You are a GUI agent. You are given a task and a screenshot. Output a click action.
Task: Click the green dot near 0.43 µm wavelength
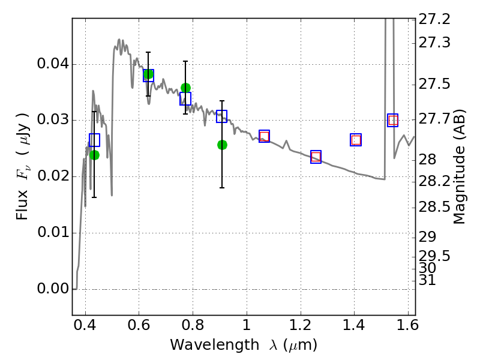(x=95, y=155)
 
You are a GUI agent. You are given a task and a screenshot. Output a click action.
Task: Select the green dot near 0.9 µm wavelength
(x=222, y=145)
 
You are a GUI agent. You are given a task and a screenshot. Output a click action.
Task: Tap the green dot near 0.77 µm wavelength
(x=185, y=88)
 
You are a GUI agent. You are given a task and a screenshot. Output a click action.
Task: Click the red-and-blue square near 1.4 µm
(x=356, y=140)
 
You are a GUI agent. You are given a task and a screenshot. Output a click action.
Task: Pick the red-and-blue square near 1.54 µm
(x=393, y=121)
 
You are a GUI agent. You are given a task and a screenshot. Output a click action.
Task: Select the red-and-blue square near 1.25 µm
(x=316, y=157)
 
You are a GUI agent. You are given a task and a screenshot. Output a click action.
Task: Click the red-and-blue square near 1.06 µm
(x=264, y=136)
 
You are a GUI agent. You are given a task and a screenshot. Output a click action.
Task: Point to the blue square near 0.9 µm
(x=221, y=116)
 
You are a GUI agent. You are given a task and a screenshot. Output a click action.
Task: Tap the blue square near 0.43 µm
(x=95, y=140)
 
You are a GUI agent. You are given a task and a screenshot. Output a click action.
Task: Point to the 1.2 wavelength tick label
(x=301, y=325)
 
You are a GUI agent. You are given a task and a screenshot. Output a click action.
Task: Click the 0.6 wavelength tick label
(x=139, y=325)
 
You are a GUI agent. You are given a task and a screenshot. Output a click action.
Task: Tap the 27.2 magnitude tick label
(x=434, y=19)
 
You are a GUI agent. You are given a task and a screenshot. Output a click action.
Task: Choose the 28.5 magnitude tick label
(x=434, y=207)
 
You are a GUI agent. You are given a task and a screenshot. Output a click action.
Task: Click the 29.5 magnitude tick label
(x=434, y=256)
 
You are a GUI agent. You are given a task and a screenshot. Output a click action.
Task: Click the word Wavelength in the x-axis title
(x=215, y=345)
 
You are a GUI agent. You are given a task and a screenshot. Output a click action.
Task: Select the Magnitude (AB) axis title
(x=458, y=166)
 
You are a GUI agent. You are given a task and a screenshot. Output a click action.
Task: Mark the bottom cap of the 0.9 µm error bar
(x=222, y=188)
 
